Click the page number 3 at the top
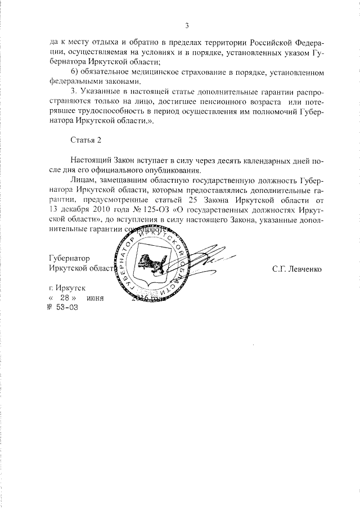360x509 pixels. [x=186, y=25]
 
